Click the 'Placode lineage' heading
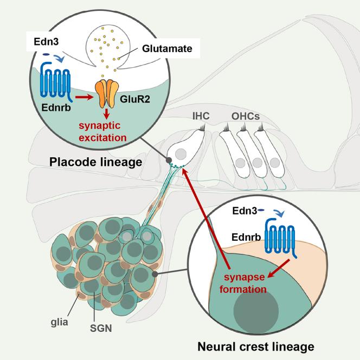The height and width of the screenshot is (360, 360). (x=96, y=162)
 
